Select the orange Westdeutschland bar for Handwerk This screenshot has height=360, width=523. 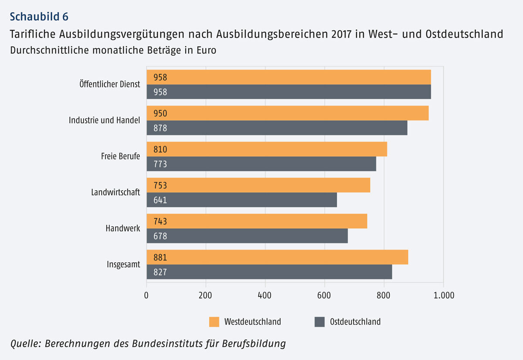(x=257, y=221)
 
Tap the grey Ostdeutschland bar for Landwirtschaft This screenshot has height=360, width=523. (x=242, y=200)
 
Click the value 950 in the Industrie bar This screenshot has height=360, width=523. (x=160, y=114)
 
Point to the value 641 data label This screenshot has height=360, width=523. (x=160, y=200)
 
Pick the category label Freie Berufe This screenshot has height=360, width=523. (x=120, y=156)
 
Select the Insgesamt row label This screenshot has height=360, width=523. (x=123, y=264)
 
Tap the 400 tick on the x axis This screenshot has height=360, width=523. (x=265, y=295)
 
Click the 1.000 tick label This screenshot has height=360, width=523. (x=443, y=295)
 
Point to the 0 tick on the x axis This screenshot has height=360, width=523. (x=146, y=295)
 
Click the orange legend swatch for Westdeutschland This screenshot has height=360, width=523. (x=214, y=322)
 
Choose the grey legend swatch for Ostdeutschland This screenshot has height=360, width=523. (x=319, y=322)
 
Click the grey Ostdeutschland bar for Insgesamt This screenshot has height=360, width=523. (x=269, y=272)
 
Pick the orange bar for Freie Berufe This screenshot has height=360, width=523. (x=267, y=149)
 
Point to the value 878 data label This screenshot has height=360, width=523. (x=160, y=128)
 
